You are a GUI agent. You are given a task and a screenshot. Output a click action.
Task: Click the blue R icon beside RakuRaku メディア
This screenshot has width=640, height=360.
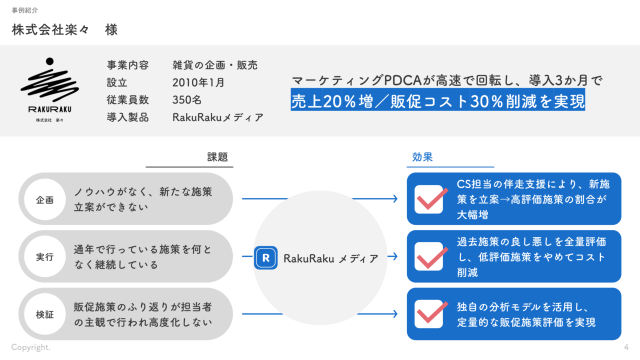[265, 258]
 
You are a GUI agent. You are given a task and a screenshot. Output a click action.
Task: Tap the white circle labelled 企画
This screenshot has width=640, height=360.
[45, 199]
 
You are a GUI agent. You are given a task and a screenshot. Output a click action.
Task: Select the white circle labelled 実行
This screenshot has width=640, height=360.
[45, 257]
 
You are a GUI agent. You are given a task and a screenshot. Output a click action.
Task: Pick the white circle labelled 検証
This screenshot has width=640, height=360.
[45, 314]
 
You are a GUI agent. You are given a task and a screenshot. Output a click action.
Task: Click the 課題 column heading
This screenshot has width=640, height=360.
[217, 157]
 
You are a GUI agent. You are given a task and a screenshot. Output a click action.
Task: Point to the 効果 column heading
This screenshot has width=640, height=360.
[422, 157]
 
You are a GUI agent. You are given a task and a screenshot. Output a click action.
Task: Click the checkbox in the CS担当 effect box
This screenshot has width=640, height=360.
[428, 199]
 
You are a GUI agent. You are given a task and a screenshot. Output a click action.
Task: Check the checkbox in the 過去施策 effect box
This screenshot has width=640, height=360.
[428, 256]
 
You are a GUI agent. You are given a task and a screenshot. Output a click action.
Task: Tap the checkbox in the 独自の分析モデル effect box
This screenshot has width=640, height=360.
[428, 314]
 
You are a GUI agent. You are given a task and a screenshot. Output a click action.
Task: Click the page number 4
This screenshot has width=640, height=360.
[626, 347]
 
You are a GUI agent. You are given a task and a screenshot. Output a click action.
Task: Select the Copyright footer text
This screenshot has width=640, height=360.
[31, 347]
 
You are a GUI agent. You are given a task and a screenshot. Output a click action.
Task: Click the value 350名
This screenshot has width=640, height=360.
[187, 100]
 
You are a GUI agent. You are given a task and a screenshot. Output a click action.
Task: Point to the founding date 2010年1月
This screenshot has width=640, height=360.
[198, 82]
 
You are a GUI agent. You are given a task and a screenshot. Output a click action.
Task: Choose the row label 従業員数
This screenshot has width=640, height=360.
[127, 100]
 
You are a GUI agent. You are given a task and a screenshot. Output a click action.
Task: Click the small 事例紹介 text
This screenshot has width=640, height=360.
[24, 10]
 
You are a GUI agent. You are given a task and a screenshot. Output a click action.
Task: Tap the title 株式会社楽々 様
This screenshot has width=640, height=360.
[64, 30]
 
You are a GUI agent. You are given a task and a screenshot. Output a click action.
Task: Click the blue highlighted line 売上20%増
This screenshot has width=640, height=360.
[437, 101]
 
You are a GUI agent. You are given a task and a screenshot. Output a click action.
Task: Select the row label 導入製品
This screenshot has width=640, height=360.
[127, 118]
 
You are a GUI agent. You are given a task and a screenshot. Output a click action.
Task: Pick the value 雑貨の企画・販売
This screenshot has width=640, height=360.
[215, 65]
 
